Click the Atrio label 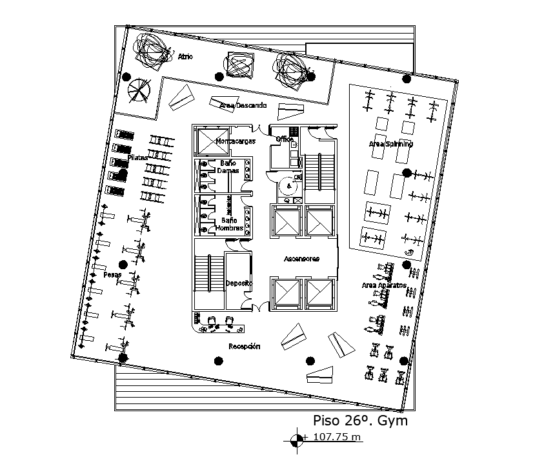click(x=186, y=57)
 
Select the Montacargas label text click(x=236, y=141)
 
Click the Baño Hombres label click(x=229, y=224)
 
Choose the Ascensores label click(x=302, y=259)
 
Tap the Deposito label click(x=238, y=283)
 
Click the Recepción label click(x=245, y=347)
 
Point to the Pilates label click(x=137, y=158)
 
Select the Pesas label click(x=113, y=274)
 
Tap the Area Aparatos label click(x=383, y=285)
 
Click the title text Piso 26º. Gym click(x=360, y=421)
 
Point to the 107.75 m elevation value click(x=337, y=437)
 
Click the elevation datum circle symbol click(x=297, y=440)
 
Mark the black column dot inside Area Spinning click(x=407, y=172)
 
